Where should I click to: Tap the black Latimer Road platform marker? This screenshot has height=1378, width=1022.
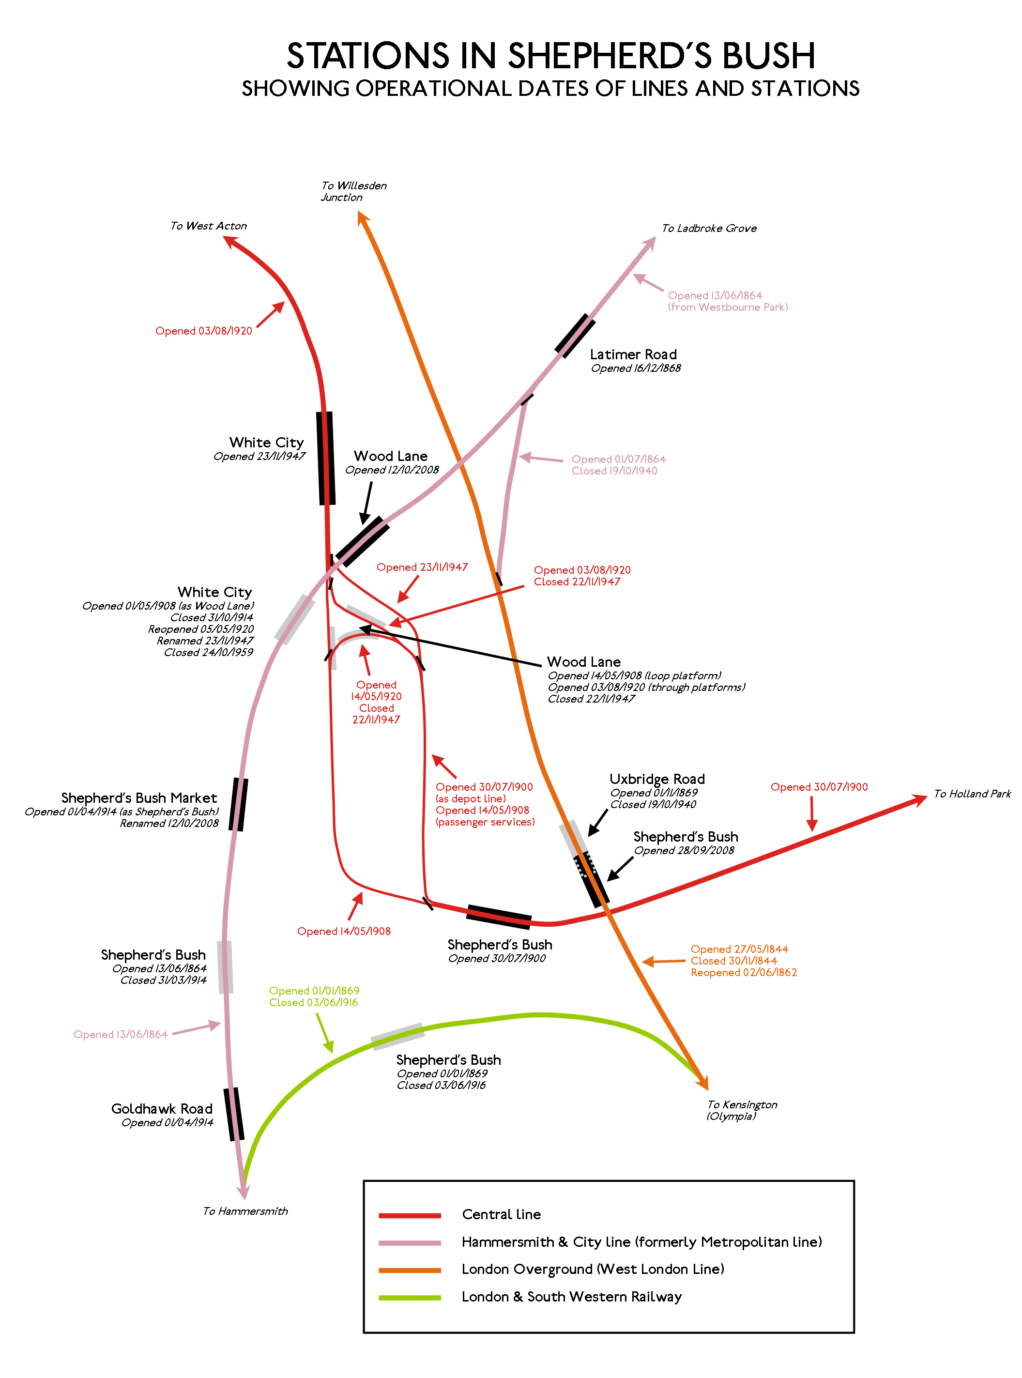(x=575, y=336)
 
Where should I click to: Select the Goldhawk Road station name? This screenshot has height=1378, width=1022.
(x=162, y=1108)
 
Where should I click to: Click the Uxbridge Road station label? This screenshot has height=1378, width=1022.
(x=657, y=779)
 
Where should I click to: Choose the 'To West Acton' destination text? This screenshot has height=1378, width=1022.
(x=209, y=226)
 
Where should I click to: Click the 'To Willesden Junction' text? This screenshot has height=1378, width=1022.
(x=353, y=191)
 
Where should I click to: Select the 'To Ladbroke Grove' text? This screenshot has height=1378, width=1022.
(x=709, y=229)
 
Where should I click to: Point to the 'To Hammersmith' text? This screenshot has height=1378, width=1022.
(x=245, y=1211)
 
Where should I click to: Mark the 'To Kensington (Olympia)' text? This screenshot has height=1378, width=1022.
(x=742, y=1110)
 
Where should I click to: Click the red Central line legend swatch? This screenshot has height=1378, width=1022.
(x=410, y=1216)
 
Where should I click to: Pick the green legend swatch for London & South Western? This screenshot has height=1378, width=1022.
(x=410, y=1298)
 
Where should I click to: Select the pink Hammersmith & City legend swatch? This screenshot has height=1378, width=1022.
(x=410, y=1243)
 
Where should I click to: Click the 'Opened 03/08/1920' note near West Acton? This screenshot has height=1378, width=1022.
(x=203, y=331)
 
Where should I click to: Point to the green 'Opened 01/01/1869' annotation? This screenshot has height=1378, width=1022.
(x=314, y=991)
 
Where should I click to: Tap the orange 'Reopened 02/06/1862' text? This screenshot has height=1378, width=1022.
(x=744, y=972)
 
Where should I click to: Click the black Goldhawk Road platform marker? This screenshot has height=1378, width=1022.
(x=234, y=1114)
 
